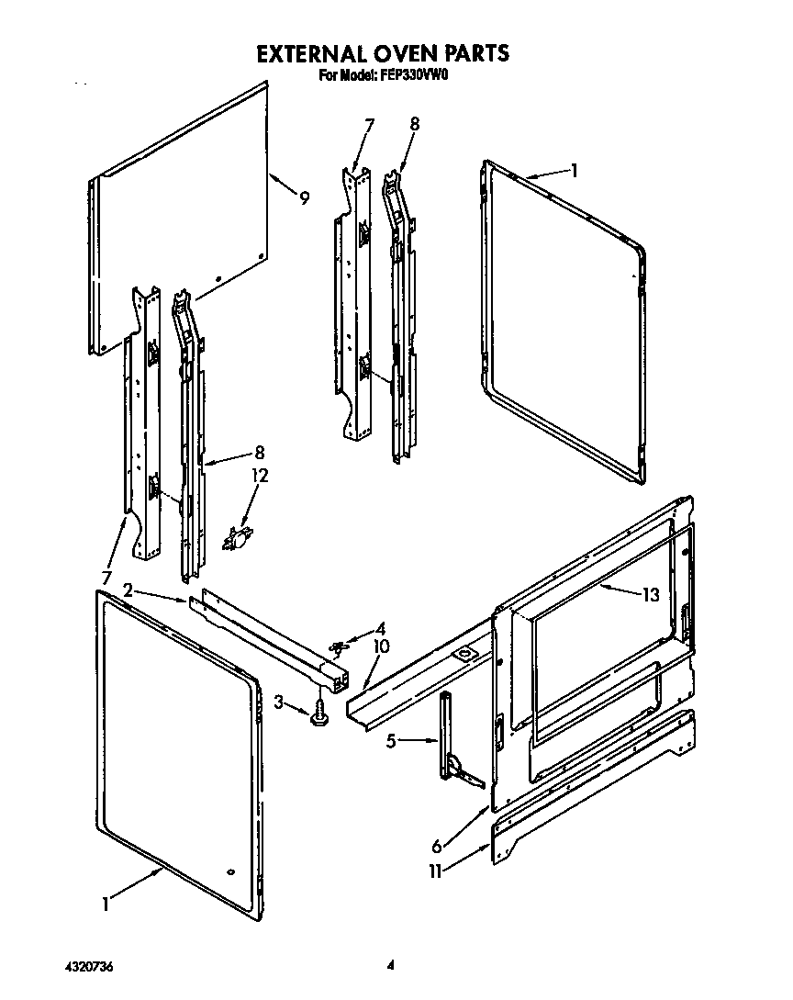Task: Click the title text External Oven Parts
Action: (382, 53)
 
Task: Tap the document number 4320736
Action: (89, 965)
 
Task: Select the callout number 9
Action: (303, 197)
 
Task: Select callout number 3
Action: (278, 703)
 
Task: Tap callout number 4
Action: (381, 630)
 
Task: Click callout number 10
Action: (381, 647)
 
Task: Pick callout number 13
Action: (650, 595)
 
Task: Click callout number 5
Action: (390, 741)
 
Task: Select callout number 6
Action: (438, 846)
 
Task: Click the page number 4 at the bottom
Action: (390, 965)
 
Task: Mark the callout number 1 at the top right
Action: (574, 170)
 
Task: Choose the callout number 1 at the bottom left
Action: (106, 904)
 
